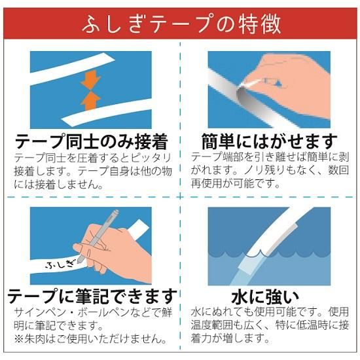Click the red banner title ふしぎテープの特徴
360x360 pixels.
tap(181, 24)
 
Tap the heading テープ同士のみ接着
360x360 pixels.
tap(91, 141)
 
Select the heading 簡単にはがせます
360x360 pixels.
tap(270, 141)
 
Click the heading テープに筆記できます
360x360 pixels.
tap(92, 296)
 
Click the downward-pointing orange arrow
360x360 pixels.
tap(91, 79)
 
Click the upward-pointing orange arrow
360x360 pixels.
tap(91, 100)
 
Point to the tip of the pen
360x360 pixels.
tap(79, 262)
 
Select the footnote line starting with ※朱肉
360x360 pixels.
tap(90, 339)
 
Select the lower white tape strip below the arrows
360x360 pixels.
tap(107, 113)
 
